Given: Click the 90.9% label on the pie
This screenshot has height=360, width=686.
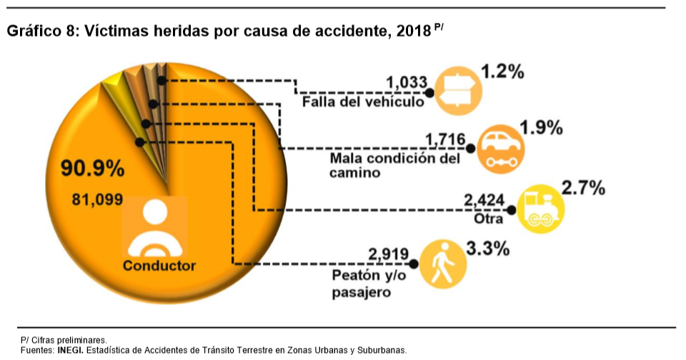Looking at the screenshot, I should pyautogui.click(x=93, y=170).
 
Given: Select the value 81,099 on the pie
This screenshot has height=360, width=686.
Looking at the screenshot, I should pyautogui.click(x=97, y=199).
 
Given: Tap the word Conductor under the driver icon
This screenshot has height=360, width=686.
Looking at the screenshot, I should pyautogui.click(x=159, y=266).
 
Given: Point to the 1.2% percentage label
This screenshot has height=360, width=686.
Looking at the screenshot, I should pyautogui.click(x=503, y=71).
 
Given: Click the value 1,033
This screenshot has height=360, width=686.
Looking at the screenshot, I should pyautogui.click(x=406, y=84).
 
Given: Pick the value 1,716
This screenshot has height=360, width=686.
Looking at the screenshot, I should pyautogui.click(x=445, y=139).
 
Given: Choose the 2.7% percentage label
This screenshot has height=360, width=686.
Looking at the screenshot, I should pyautogui.click(x=584, y=189).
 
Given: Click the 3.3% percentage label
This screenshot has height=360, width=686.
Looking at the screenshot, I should pyautogui.click(x=487, y=249).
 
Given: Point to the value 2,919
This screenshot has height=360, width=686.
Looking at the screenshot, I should pyautogui.click(x=388, y=254).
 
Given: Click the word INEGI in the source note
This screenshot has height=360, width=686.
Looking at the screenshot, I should pyautogui.click(x=70, y=350).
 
